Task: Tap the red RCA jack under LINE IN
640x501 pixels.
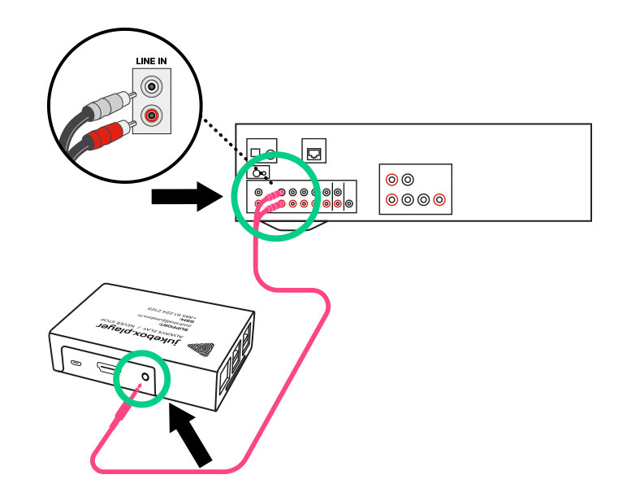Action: [x=150, y=116]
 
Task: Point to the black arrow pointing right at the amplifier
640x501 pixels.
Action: [x=186, y=196]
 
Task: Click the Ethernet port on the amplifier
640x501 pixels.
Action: [x=314, y=150]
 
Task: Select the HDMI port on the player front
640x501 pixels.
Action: [x=106, y=369]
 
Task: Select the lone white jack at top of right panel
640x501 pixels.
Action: [x=408, y=179]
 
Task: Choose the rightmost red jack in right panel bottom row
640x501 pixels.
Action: [x=439, y=198]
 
